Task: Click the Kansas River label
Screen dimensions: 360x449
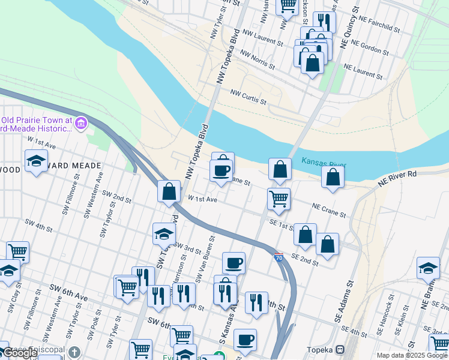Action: [324, 162]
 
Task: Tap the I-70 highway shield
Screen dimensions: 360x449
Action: [279, 256]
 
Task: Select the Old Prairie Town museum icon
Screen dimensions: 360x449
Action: [81, 124]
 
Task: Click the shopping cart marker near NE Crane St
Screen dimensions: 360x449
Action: [279, 199]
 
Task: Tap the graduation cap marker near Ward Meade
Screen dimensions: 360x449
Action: [36, 160]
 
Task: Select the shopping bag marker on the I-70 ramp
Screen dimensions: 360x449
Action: [169, 191]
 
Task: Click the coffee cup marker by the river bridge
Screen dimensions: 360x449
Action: [221, 171]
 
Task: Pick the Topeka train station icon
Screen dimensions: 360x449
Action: [340, 349]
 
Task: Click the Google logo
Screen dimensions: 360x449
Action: [20, 353]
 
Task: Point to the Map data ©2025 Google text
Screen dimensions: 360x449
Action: [411, 355]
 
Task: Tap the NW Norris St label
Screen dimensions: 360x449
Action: [257, 59]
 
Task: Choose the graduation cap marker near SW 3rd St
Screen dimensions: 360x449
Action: [164, 235]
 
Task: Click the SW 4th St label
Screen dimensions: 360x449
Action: [39, 225]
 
